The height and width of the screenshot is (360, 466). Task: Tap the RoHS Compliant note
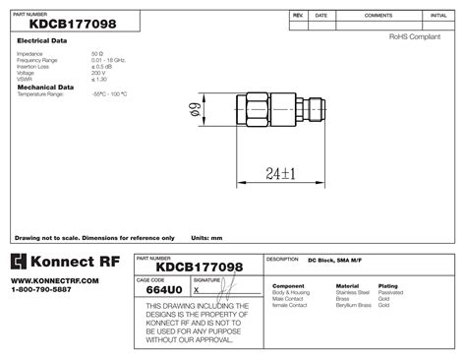(x=415, y=35)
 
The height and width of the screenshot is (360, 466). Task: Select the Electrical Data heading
(x=42, y=41)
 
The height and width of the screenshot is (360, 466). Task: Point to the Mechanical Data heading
(x=45, y=87)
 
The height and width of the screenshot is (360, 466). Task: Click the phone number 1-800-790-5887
(x=42, y=289)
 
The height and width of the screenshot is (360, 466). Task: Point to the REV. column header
(x=298, y=17)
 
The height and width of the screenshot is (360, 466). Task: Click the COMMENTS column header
(x=379, y=17)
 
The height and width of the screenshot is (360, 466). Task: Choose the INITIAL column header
(x=438, y=17)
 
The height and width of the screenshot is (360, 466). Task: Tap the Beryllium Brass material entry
(x=354, y=305)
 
